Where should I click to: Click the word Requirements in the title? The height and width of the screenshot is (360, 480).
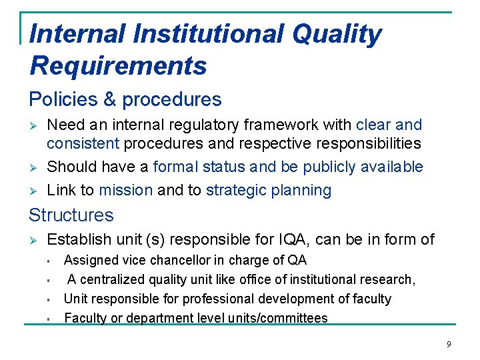pos(118,66)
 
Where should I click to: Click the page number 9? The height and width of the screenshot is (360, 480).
pos(449,344)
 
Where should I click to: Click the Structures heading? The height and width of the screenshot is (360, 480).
pos(71,215)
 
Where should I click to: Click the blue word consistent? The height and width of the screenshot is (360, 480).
pos(83,143)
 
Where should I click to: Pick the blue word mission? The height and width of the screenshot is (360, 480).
pos(126,190)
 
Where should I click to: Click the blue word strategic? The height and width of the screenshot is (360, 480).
pos(237,190)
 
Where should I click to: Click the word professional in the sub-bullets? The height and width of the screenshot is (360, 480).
pos(214,299)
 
